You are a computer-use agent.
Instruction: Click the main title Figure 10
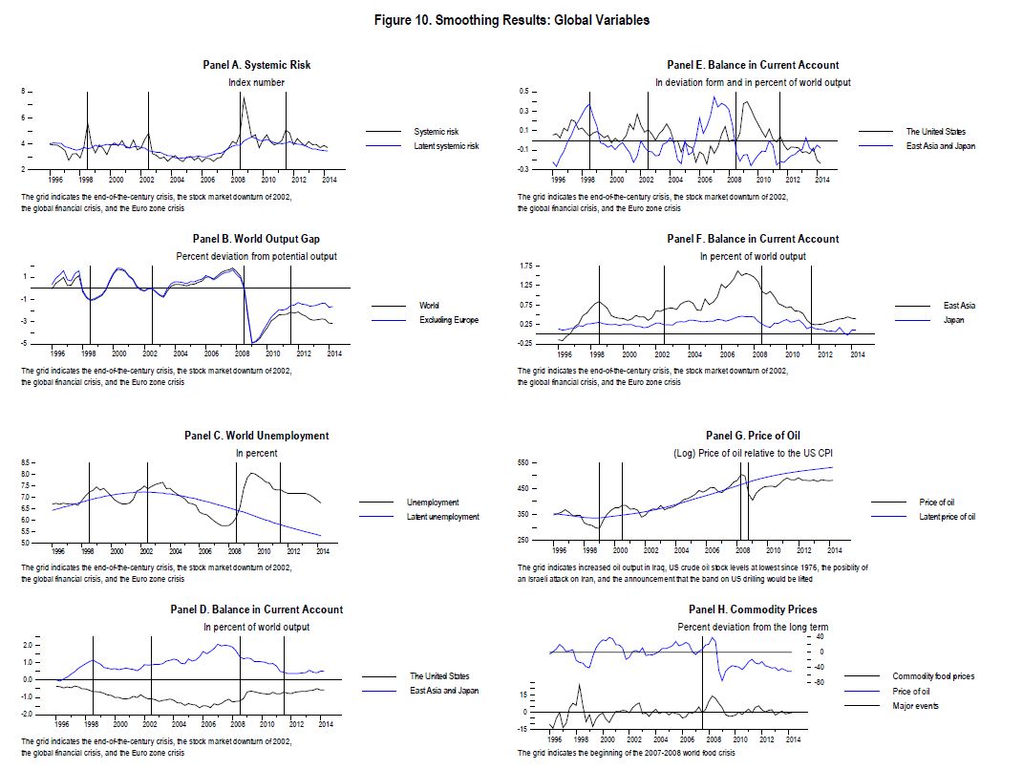pos(511,20)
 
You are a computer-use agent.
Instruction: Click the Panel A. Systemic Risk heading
pos(257,65)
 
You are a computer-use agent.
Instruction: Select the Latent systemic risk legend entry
pos(446,146)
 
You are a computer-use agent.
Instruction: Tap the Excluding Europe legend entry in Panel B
pos(448,320)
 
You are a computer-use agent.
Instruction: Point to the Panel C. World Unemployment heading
pos(256,436)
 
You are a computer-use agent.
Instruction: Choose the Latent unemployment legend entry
pos(442,517)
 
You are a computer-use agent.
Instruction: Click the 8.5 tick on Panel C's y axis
pos(28,462)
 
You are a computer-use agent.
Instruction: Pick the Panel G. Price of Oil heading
pos(753,436)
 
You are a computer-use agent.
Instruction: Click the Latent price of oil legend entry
pos(947,517)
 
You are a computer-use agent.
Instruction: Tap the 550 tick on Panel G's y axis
pos(523,462)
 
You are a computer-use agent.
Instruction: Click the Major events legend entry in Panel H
pos(915,706)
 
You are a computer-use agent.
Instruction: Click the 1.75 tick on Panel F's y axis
pos(523,265)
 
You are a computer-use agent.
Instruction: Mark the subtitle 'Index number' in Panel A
pos(256,82)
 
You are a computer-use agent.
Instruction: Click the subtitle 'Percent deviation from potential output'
pos(256,256)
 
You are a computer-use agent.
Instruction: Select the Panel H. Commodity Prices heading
pos(753,610)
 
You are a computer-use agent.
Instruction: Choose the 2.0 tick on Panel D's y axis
pos(28,645)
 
